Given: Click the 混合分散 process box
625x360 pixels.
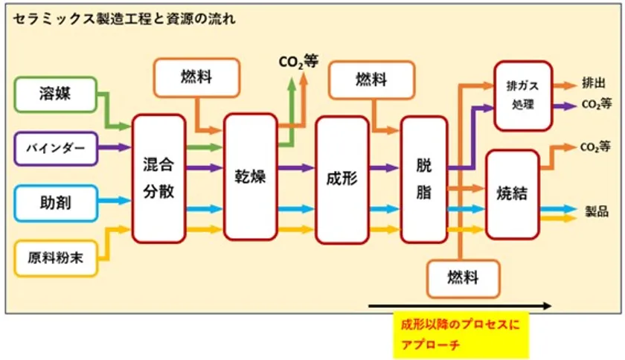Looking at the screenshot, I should pyautogui.click(x=158, y=179).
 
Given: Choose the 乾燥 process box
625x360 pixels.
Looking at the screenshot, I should pyautogui.click(x=250, y=179).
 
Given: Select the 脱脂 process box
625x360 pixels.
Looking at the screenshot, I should pyautogui.click(x=424, y=179).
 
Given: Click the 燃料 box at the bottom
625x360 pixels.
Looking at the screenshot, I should pyautogui.click(x=463, y=278).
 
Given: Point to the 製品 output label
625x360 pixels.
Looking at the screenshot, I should pyautogui.click(x=597, y=210).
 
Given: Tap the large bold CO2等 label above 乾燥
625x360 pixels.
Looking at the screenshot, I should pyautogui.click(x=298, y=62).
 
